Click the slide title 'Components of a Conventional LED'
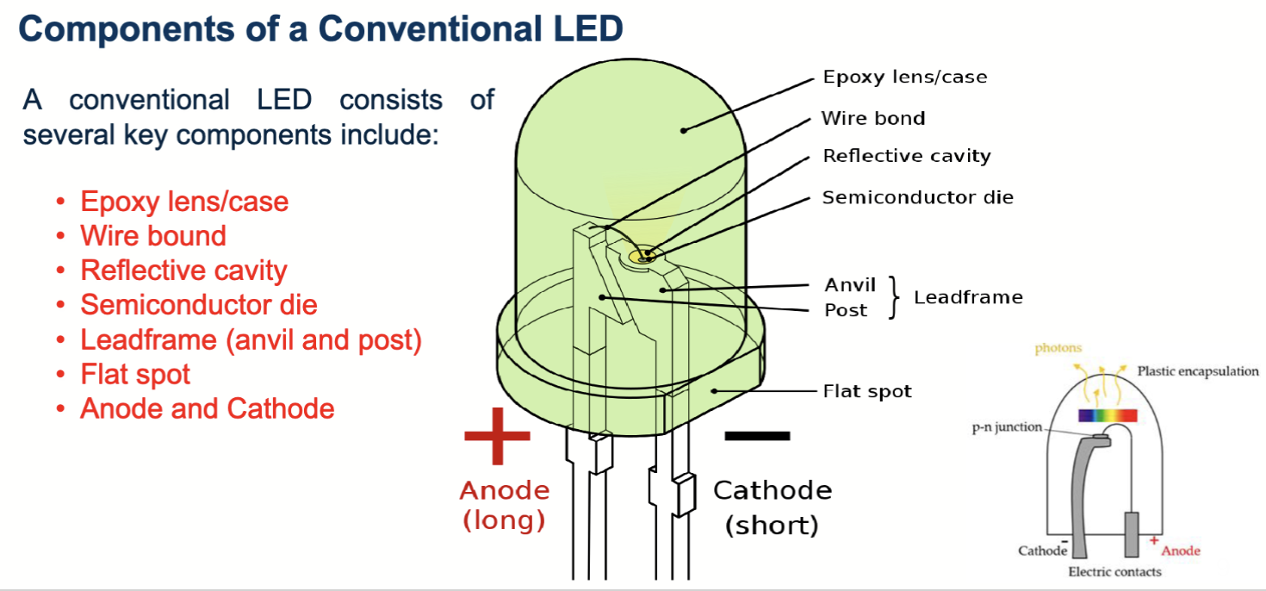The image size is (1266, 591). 320,29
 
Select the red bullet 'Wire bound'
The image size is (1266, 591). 153,236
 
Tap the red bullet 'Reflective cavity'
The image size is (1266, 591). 183,271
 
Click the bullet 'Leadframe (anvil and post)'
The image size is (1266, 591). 251,339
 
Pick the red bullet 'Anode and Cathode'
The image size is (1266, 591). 207,408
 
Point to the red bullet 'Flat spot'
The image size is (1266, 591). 135,374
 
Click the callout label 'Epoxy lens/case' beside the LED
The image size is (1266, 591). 904,78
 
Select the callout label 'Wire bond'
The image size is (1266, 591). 873,118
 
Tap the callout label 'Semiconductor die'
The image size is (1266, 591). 917,197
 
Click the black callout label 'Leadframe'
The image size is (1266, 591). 968,297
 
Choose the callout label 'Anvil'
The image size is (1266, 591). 849,285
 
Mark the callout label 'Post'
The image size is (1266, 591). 846,310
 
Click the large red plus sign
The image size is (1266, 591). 497,435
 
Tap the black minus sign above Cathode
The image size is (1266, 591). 757,436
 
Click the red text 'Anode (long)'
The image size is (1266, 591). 504,506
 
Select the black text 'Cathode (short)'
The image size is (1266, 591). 772,507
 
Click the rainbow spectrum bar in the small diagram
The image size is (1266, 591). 1106,415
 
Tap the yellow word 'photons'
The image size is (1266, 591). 1058,348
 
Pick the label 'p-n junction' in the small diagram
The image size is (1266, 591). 1007,427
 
